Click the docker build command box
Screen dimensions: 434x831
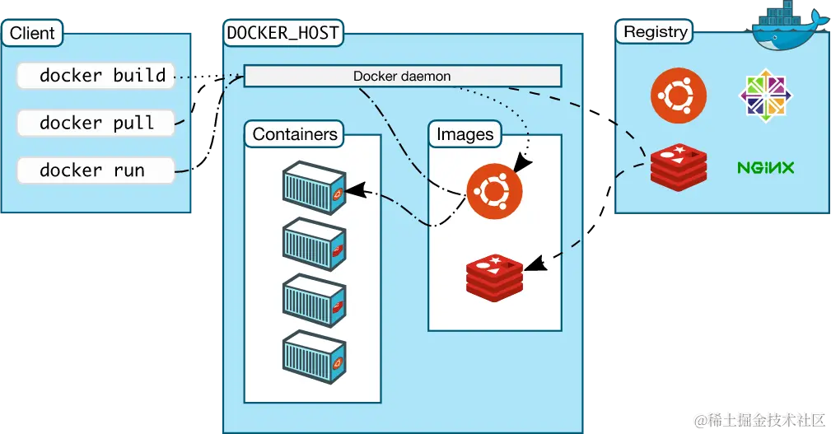96,76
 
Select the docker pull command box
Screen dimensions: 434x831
96,124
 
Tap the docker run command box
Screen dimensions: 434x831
96,171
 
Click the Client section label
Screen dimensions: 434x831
32,34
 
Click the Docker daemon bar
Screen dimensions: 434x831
402,77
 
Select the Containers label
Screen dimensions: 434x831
295,134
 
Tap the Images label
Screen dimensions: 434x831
465,134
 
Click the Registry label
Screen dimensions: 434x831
655,32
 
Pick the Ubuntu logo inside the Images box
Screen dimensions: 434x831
494,190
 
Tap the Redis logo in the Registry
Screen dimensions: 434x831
678,167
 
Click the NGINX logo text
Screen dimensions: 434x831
765,168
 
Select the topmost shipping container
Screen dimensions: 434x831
313,184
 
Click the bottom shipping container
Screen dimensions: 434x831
313,355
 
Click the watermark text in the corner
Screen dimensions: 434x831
759,420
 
